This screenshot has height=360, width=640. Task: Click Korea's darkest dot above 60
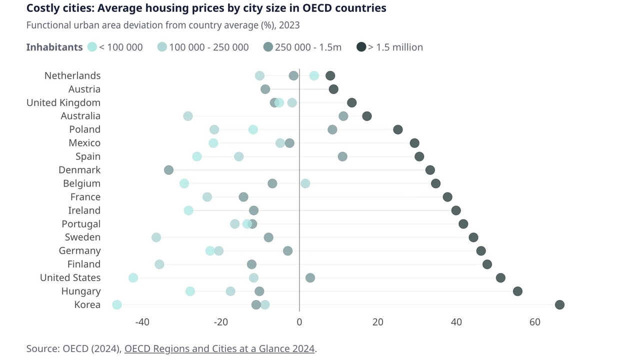coord(559,305)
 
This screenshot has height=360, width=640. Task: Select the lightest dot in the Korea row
coord(117,305)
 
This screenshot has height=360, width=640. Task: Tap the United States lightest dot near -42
coord(133,278)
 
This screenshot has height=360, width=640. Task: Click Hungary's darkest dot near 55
coord(517,291)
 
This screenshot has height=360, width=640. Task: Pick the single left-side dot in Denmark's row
coord(168,170)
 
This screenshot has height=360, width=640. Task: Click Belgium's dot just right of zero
coord(305,183)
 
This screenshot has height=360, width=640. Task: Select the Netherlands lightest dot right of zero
coord(314,75)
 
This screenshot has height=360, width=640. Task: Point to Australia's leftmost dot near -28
coord(188,116)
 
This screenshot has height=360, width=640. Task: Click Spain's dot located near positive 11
coord(342,156)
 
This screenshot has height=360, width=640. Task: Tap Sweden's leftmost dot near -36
coord(156,237)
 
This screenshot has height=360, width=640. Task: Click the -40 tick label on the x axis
coord(142,322)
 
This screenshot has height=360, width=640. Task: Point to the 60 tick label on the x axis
coord(535,322)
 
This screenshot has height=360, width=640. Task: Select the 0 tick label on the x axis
coord(299,322)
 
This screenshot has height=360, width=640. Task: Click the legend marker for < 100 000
coord(92,47)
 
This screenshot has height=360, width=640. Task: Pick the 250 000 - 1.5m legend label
coord(308,47)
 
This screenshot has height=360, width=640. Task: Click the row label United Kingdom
coord(63,102)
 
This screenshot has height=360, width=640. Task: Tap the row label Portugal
coord(81,224)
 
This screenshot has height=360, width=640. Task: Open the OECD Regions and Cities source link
coord(219,348)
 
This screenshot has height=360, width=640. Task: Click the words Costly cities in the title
coord(56,8)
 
